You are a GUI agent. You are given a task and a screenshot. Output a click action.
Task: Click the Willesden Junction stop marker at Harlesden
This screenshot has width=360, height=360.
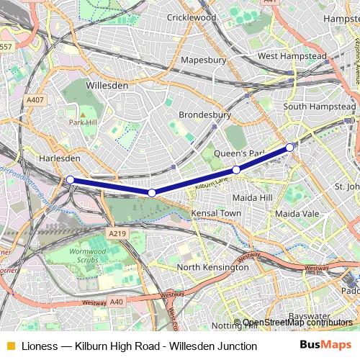[x=70, y=179]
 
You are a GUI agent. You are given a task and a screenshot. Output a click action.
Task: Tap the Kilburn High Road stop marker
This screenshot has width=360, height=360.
[x=290, y=147]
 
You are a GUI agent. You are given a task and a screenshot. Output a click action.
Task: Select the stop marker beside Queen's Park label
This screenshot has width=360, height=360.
[x=236, y=170]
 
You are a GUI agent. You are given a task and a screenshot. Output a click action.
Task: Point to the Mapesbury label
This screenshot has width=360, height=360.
[x=204, y=60]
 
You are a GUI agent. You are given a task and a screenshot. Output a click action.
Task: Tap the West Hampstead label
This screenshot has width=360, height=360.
[x=287, y=55]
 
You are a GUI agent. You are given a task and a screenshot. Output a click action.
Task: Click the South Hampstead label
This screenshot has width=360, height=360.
[x=320, y=107]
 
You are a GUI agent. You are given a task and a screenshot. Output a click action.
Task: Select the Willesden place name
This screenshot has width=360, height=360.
[x=107, y=85]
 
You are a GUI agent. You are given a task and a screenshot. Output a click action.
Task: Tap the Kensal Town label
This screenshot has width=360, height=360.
[x=216, y=214]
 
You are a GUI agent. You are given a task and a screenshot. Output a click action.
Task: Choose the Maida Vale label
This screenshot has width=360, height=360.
[x=297, y=214]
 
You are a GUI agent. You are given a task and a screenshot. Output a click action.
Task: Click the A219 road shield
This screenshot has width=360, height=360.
[x=118, y=234]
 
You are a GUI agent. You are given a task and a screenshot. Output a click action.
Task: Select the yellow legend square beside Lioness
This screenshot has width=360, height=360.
[x=10, y=346]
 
